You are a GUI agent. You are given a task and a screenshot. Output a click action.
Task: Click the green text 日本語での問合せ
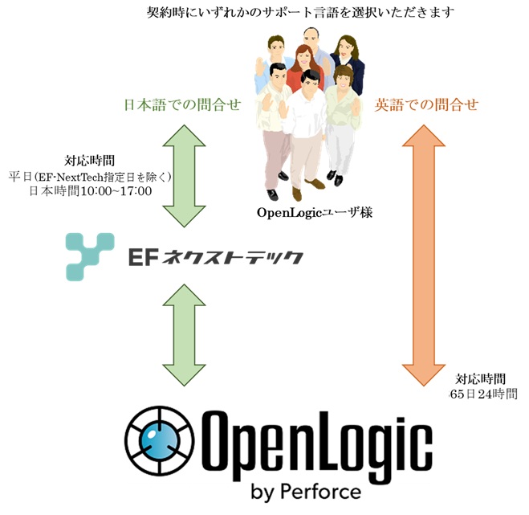coord(182,104)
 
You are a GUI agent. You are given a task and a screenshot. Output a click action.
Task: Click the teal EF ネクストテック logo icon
coord(92,256)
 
